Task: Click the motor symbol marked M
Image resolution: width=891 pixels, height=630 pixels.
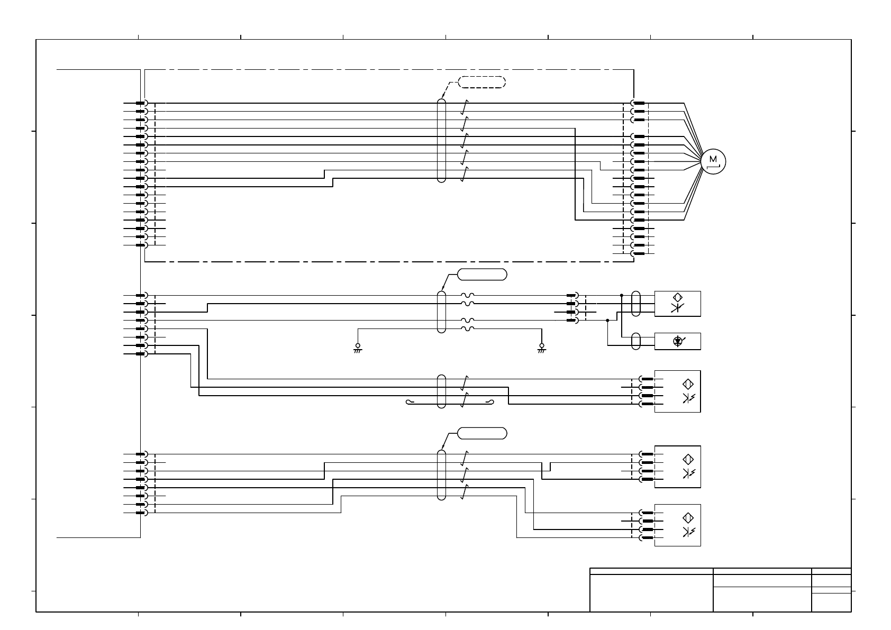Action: click(x=713, y=161)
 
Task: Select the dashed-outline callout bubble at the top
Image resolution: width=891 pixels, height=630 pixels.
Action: click(x=481, y=82)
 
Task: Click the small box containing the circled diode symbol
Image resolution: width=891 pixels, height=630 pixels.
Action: click(x=677, y=341)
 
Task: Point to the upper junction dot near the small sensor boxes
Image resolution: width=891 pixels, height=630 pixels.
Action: click(x=622, y=295)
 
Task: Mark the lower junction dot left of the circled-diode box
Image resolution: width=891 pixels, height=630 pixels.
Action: click(x=608, y=320)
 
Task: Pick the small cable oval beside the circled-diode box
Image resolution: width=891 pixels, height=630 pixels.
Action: click(x=636, y=341)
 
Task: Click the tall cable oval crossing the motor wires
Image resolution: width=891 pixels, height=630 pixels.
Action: click(x=441, y=140)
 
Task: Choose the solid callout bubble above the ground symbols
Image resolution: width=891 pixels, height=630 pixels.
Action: click(x=481, y=274)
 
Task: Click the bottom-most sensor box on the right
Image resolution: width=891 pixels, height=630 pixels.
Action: click(x=677, y=525)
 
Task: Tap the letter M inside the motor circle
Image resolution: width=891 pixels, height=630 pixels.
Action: click(x=713, y=159)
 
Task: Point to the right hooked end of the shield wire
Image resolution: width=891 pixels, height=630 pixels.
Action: click(x=492, y=402)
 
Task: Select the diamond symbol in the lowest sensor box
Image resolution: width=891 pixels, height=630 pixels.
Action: click(x=688, y=518)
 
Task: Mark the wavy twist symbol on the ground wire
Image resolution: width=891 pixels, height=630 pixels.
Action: click(x=468, y=328)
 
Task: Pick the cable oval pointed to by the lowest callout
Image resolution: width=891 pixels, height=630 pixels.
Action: click(x=441, y=474)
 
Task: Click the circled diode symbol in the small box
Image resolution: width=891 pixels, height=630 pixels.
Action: click(x=677, y=341)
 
